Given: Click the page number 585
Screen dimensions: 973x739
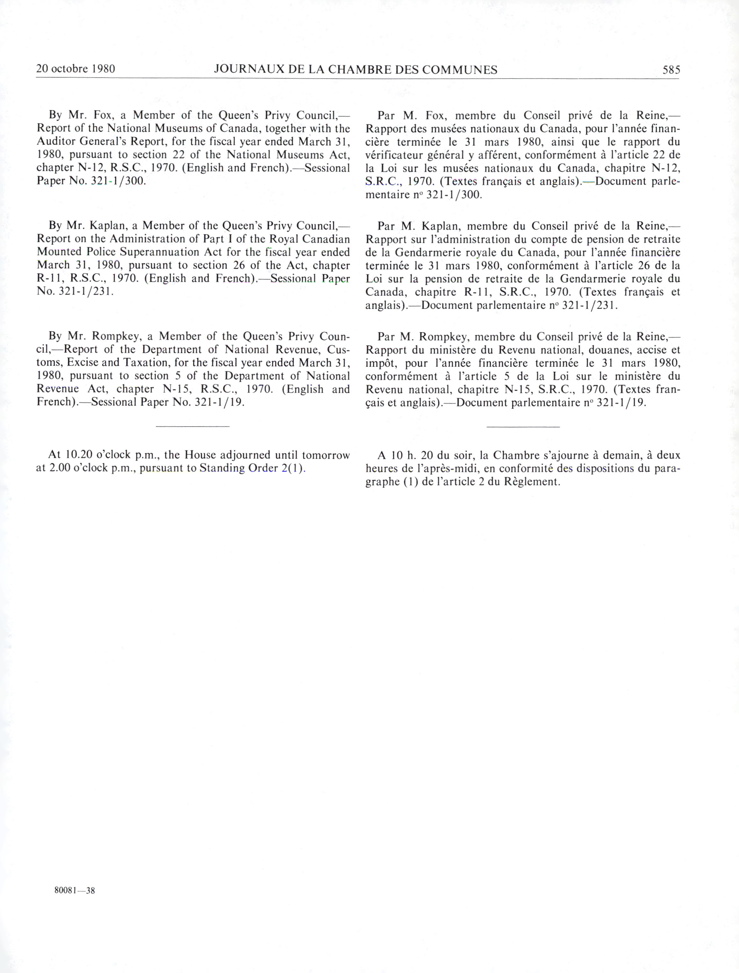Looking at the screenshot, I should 671,69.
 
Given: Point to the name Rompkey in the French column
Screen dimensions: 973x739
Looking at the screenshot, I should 444,337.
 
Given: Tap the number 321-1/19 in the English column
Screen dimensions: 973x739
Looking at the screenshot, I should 219,402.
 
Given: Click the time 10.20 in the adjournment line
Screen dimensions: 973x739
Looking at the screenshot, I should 77,455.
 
